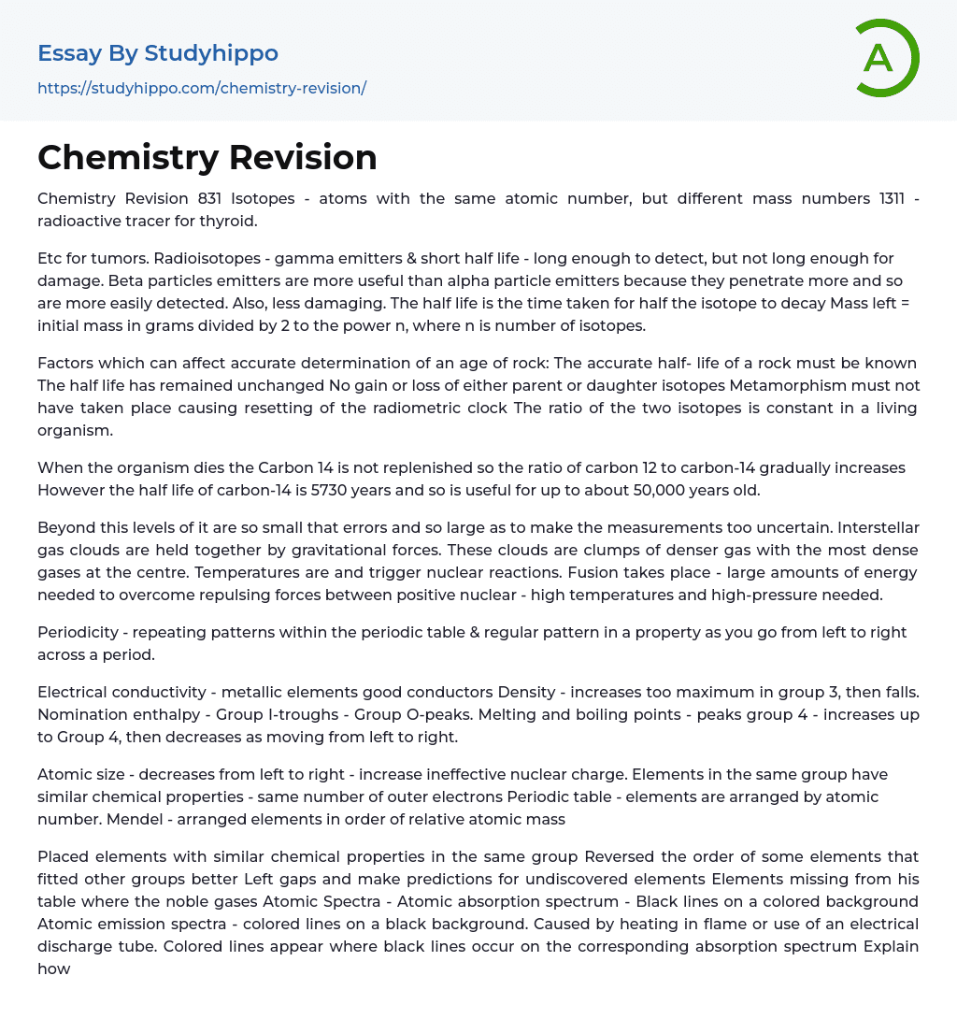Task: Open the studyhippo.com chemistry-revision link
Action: click(202, 88)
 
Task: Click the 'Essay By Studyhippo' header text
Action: click(158, 53)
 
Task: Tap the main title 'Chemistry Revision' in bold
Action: click(207, 157)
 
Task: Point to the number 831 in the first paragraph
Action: click(210, 199)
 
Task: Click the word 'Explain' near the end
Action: click(890, 946)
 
